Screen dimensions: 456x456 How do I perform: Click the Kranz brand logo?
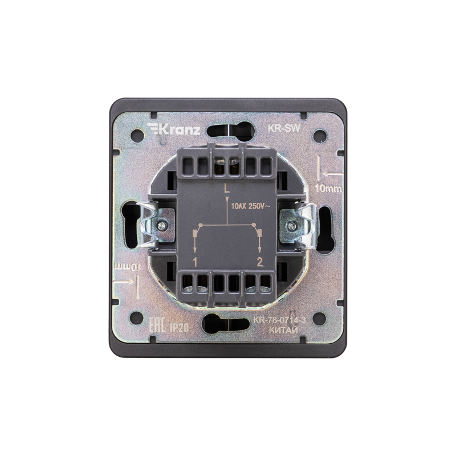tap(174, 129)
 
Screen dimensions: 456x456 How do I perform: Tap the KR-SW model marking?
tap(283, 128)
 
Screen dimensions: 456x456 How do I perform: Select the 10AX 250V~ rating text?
tap(250, 206)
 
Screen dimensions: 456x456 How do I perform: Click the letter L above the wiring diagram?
tap(226, 189)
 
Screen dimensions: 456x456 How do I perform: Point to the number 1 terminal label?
tap(195, 263)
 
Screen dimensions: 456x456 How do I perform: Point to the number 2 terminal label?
tap(259, 262)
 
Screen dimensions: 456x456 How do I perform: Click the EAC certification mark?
tap(157, 325)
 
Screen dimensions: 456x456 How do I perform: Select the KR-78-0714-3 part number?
tap(279, 320)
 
